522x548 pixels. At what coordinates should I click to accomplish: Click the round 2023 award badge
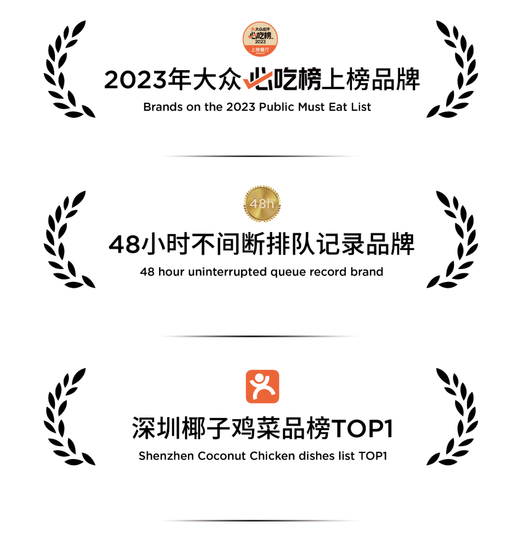pyautogui.click(x=260, y=39)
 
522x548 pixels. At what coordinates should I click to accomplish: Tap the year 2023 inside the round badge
pyautogui.click(x=261, y=42)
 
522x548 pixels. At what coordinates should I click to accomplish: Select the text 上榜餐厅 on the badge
pyautogui.click(x=260, y=49)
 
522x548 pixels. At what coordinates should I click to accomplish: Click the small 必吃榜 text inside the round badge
pyautogui.click(x=261, y=35)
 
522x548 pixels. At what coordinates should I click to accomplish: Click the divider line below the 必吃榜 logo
pyautogui.click(x=261, y=156)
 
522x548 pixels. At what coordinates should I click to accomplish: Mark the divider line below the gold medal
pyautogui.click(x=261, y=336)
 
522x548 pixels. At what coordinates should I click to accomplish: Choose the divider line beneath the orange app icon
pyautogui.click(x=261, y=520)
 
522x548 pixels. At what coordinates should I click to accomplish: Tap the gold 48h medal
pyautogui.click(x=261, y=203)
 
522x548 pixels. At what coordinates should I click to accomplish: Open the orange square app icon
pyautogui.click(x=262, y=387)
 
